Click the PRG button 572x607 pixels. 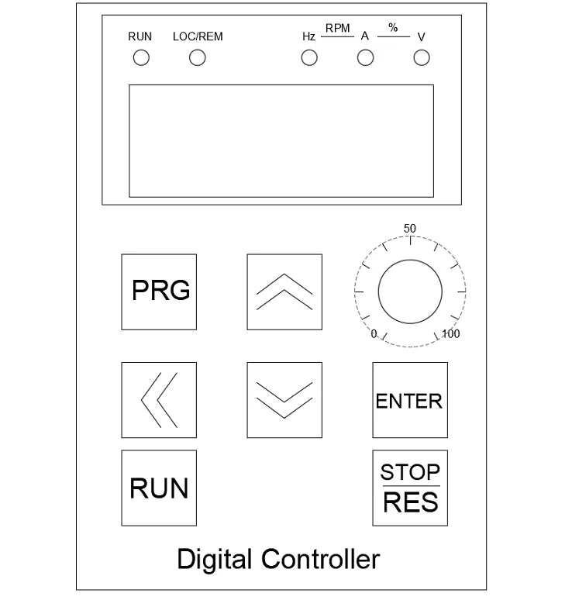[159, 291]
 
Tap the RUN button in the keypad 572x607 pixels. [159, 488]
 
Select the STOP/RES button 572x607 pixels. [410, 488]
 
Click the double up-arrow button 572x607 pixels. [284, 291]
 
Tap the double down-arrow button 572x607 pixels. [284, 399]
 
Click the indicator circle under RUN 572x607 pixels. [141, 58]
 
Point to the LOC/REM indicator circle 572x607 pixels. [198, 58]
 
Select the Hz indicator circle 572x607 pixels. [309, 58]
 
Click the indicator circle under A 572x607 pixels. [364, 58]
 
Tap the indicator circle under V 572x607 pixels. [422, 58]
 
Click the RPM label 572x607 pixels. [337, 29]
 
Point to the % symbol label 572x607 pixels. [393, 28]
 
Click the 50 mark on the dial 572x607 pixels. [411, 228]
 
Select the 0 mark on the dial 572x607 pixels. [374, 334]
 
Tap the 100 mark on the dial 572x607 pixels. [451, 334]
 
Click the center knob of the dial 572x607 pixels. [410, 291]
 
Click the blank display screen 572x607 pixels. [280, 140]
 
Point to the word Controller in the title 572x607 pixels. [321, 559]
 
